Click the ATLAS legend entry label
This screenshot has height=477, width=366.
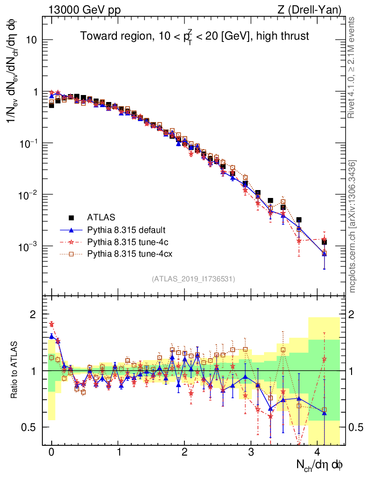click(x=101, y=217)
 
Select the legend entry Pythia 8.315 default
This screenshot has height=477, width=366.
click(x=126, y=230)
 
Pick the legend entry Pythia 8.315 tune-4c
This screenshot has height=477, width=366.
click(x=126, y=242)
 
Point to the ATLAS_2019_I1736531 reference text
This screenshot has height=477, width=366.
click(x=193, y=279)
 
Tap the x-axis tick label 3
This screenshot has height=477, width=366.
click(x=251, y=452)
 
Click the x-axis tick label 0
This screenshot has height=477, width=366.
click(x=51, y=452)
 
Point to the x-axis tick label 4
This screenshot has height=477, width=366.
click(x=318, y=452)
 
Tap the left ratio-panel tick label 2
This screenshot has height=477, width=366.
click(x=34, y=315)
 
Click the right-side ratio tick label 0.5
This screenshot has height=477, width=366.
click(x=357, y=427)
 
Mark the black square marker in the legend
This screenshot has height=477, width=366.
click(x=71, y=217)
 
